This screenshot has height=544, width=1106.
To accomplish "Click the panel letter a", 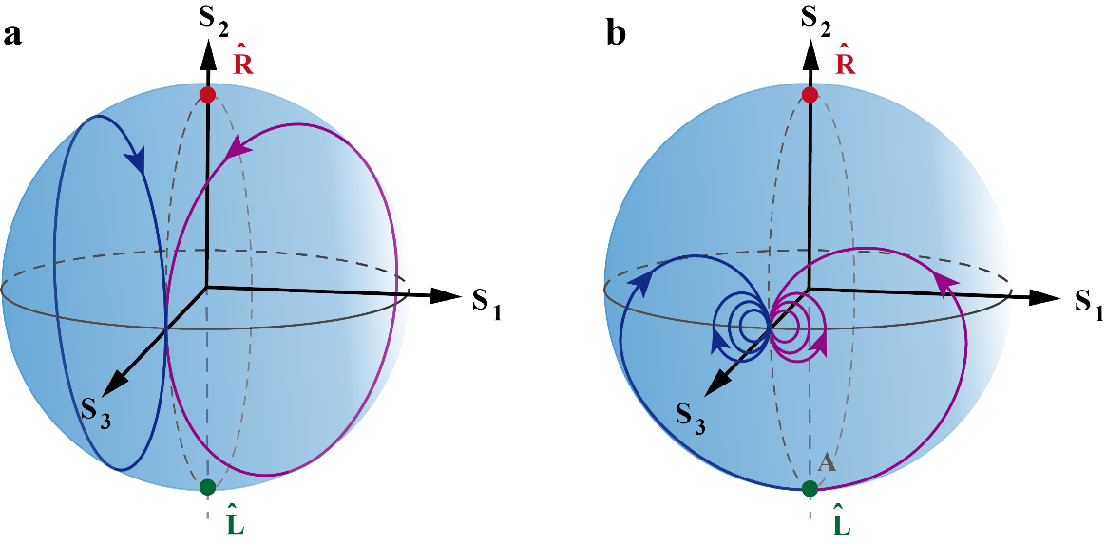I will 12,36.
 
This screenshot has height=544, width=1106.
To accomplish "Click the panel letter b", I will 616,35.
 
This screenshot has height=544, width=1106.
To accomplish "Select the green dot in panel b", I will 810,488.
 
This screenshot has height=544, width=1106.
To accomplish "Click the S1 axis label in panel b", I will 1089,304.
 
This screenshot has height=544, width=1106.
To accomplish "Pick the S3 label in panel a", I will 95,416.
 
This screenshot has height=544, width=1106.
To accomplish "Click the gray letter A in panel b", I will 828,464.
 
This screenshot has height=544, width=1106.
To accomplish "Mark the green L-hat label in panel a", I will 238,521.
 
